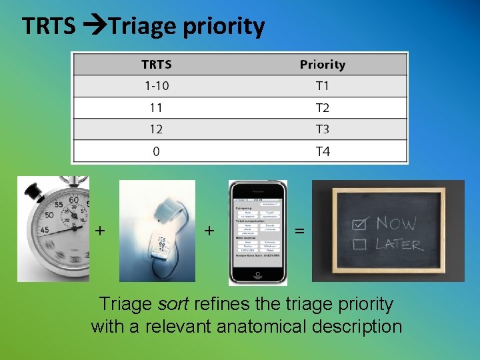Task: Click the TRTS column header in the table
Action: pos(156,65)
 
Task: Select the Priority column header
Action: pos(322,65)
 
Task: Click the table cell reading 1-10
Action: pos(156,86)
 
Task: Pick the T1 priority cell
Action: pos(322,86)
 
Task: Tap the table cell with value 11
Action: pos(156,108)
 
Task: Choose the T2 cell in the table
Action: pos(322,108)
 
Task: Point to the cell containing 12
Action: pos(156,129)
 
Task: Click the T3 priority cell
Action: pos(322,129)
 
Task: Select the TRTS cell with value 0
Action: pos(156,151)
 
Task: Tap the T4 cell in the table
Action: pos(322,151)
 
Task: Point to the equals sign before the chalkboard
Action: pos(300,231)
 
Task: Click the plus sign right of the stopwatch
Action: pos(100,231)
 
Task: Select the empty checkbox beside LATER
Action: pos(360,244)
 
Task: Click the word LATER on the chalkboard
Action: pos(399,243)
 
